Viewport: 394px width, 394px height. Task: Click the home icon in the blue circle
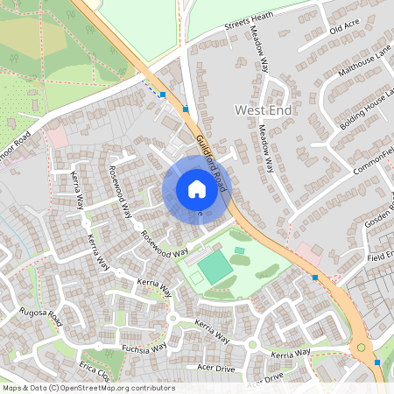197,188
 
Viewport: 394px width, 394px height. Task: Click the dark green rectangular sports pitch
210,265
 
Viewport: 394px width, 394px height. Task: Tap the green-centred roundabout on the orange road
360,348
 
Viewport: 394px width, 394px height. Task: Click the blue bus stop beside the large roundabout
377,362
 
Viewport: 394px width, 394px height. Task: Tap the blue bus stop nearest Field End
315,277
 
